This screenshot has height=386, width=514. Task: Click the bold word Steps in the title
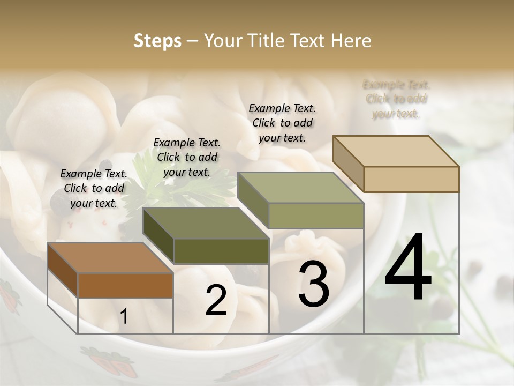click(157, 41)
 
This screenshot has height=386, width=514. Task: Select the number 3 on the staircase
click(313, 284)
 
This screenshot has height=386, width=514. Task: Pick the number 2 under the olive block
click(216, 301)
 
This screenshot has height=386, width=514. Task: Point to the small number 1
click(124, 317)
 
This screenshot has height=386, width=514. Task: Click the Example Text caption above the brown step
click(94, 188)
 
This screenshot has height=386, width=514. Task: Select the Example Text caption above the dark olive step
click(187, 157)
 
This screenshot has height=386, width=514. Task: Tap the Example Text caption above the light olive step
click(282, 123)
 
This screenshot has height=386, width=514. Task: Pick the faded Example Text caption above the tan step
click(396, 99)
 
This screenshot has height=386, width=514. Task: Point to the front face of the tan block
click(411, 179)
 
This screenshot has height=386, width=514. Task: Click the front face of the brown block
click(125, 285)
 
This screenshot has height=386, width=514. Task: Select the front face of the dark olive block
click(221, 251)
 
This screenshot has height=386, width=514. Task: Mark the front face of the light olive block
click(316, 216)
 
